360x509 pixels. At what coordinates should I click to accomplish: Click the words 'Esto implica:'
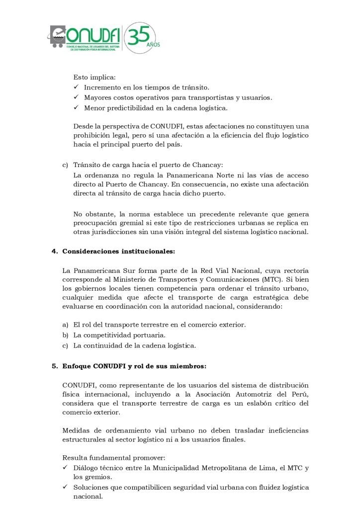(94, 77)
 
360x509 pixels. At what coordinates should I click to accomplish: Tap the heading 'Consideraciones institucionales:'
(118, 252)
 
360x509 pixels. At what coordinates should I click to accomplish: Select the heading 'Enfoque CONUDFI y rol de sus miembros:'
(134, 366)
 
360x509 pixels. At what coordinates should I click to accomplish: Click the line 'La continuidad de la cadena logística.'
(135, 345)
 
